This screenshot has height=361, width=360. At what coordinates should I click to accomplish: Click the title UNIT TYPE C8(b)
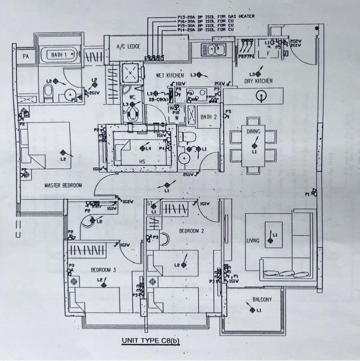pyautogui.click(x=151, y=340)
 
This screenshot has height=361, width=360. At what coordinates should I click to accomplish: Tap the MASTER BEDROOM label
pyautogui.click(x=63, y=185)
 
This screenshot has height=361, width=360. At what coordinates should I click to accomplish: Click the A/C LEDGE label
pyautogui.click(x=128, y=46)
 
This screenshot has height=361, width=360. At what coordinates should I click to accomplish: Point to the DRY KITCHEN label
pyautogui.click(x=258, y=81)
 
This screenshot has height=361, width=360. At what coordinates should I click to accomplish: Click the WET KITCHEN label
pyautogui.click(x=170, y=75)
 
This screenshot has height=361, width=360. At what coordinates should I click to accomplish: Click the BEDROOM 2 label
pyautogui.click(x=192, y=231)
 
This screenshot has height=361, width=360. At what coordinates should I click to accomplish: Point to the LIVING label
pyautogui.click(x=253, y=241)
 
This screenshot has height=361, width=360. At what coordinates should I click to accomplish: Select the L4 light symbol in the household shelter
pyautogui.click(x=143, y=148)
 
